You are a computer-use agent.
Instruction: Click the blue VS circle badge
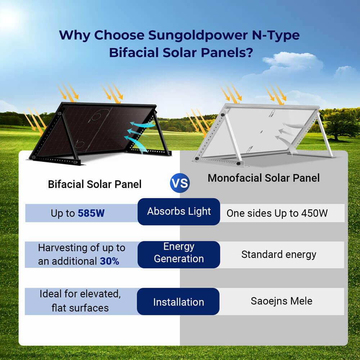[x=179, y=183]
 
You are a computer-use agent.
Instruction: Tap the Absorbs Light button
[x=179, y=212]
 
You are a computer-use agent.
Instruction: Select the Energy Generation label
[x=179, y=253]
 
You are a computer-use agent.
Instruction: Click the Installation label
[x=179, y=302]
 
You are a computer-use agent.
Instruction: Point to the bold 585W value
[x=91, y=213]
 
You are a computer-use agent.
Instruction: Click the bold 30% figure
[x=109, y=261]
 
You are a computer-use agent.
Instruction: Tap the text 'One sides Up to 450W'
[x=277, y=213]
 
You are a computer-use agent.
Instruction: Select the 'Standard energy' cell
[x=279, y=255]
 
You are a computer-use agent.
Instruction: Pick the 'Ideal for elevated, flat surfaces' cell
[x=80, y=301]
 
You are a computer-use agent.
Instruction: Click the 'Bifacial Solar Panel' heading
[x=95, y=184]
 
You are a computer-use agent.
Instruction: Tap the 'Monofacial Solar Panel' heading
[x=264, y=178]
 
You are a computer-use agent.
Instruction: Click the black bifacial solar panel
[x=97, y=130]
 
